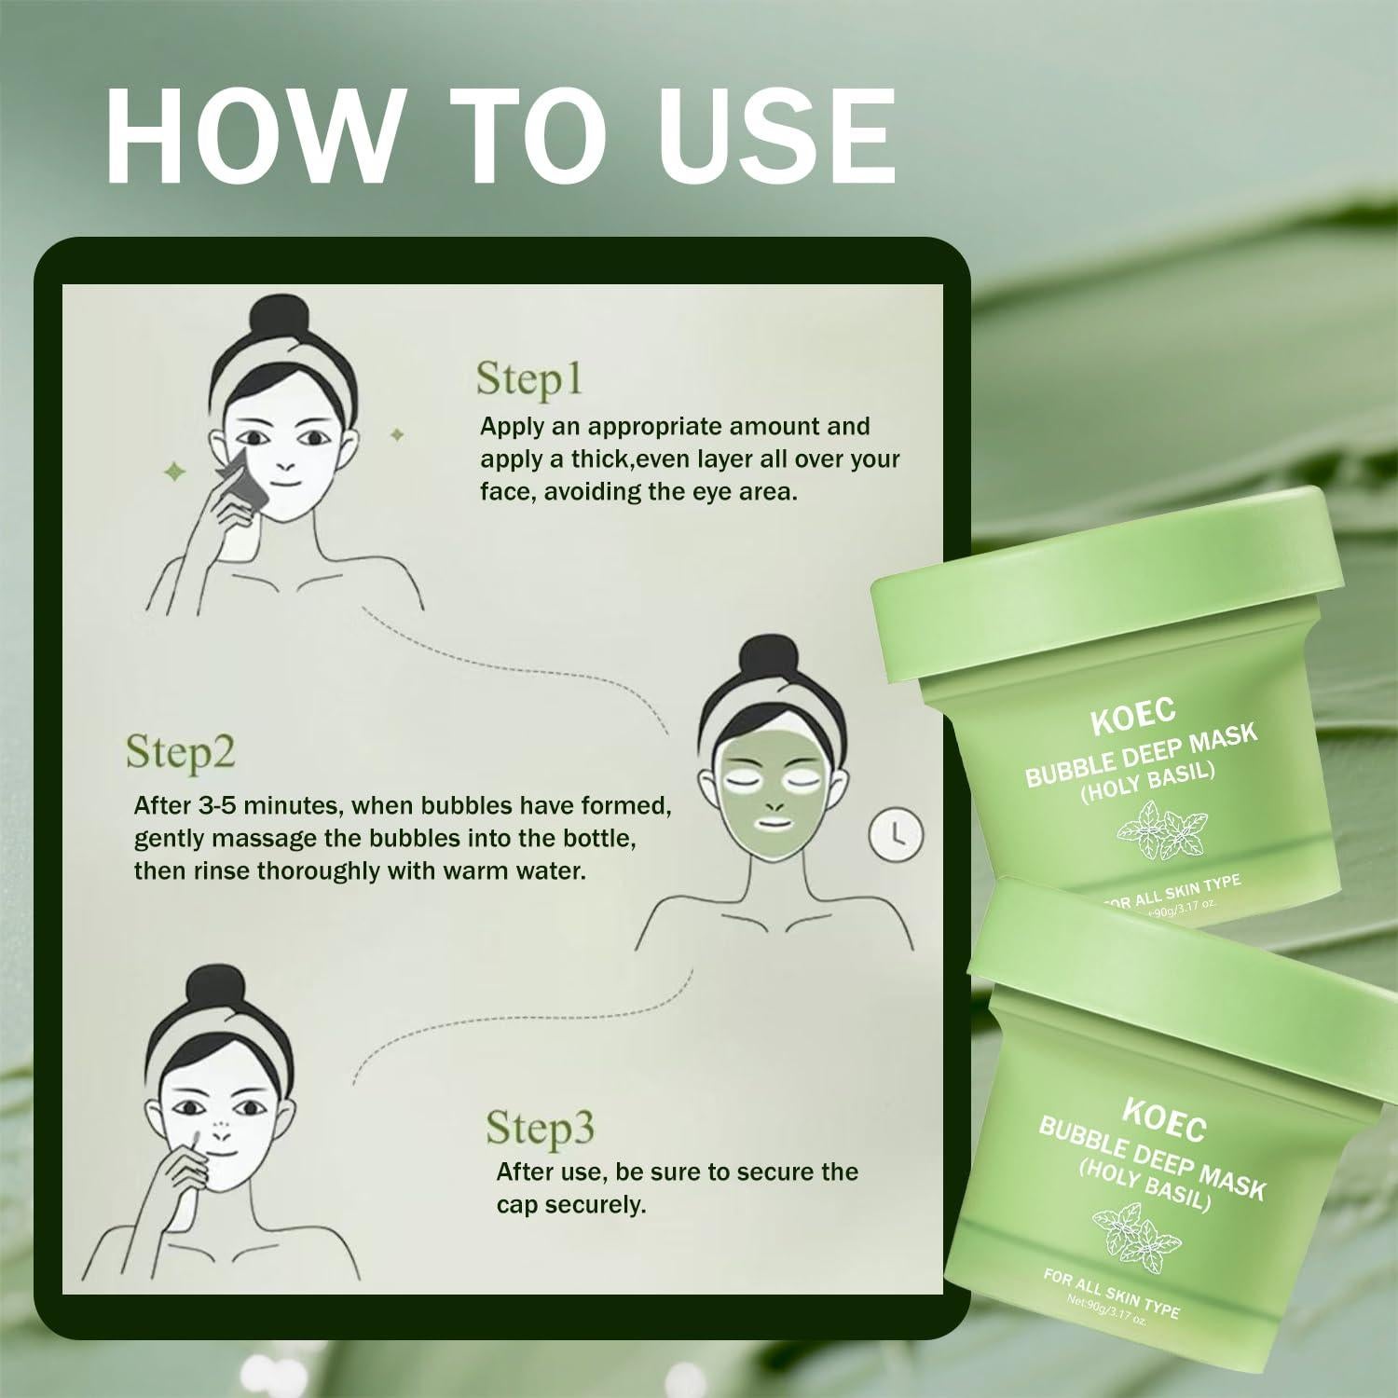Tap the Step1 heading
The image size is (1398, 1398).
tap(529, 379)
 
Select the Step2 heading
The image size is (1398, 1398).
tap(181, 752)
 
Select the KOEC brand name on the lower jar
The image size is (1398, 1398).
tap(1164, 1118)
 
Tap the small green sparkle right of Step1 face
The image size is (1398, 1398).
tap(397, 434)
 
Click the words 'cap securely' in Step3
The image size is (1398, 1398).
tap(570, 1204)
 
